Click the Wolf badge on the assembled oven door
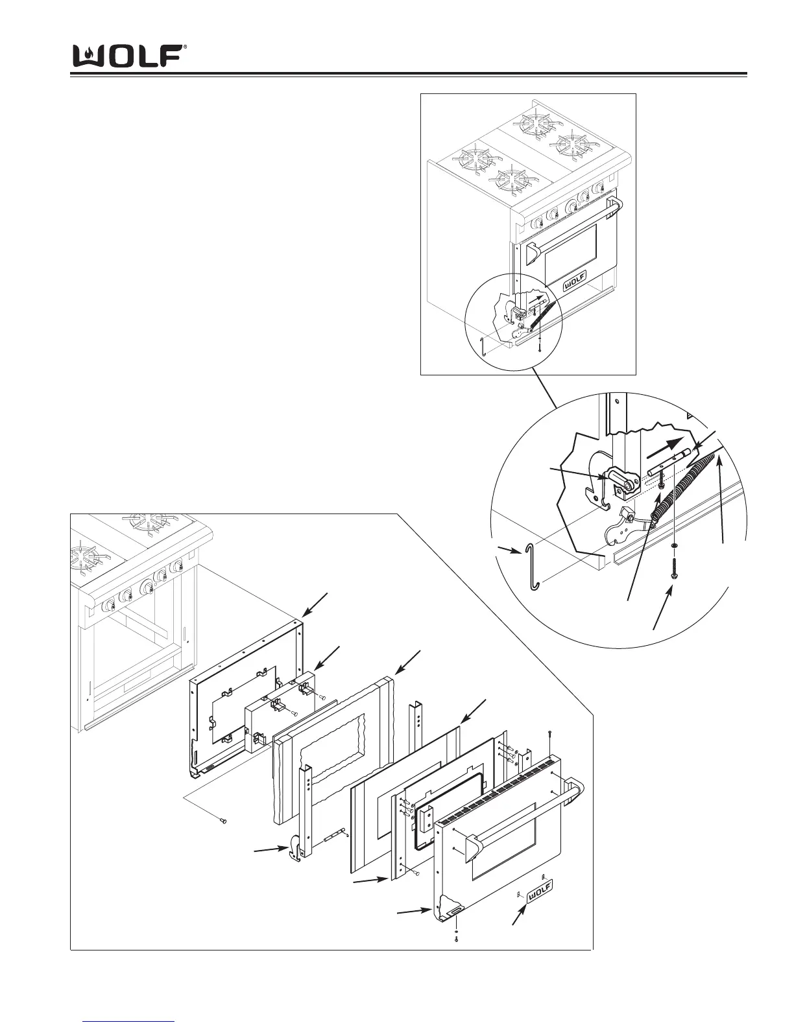pos(573,280)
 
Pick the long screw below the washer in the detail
pos(675,569)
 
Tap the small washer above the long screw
pos(675,546)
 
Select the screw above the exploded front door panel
pos(549,735)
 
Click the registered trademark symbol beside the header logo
pos(186,47)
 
